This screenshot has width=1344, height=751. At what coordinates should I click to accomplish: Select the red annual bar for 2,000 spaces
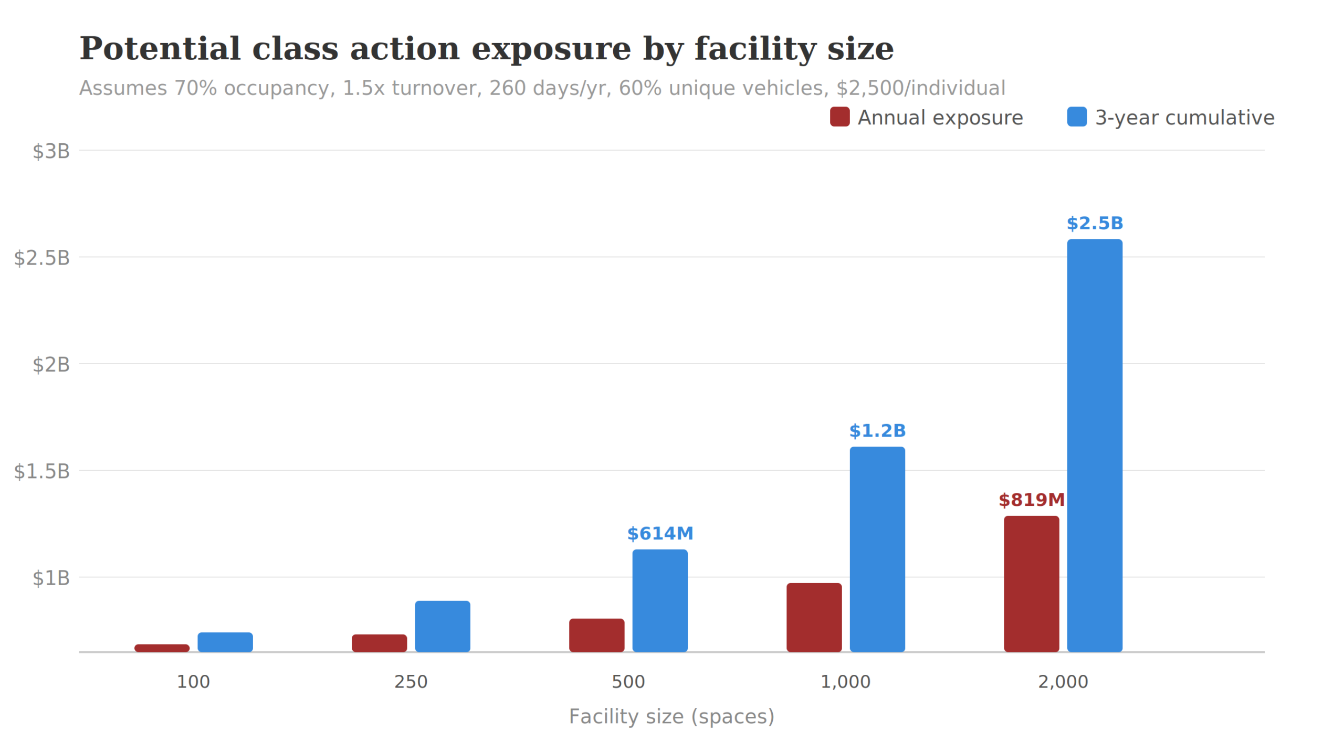click(x=1031, y=584)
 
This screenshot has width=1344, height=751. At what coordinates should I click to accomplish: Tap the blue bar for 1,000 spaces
click(x=877, y=549)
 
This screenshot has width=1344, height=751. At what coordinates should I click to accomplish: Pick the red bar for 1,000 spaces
click(x=814, y=617)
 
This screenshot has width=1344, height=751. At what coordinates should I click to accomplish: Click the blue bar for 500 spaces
click(x=659, y=600)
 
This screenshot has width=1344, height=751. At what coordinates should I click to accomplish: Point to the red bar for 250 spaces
click(x=379, y=643)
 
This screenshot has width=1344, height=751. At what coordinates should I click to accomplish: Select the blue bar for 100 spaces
click(x=225, y=642)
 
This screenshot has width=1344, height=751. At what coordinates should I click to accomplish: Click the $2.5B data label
click(x=1094, y=224)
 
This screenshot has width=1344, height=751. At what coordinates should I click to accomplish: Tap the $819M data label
click(x=1031, y=500)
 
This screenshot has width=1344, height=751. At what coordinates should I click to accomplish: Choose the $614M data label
click(x=659, y=534)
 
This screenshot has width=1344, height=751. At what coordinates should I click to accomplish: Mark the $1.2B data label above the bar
click(x=877, y=431)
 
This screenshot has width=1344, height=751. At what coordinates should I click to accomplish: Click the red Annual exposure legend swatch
click(x=839, y=117)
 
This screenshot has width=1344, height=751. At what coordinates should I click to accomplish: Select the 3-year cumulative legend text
click(x=1184, y=118)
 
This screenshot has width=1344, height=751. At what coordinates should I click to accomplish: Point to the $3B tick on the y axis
click(x=51, y=151)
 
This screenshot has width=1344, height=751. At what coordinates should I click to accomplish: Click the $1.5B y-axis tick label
click(x=41, y=471)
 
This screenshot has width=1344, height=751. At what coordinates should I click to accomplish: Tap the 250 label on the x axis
click(x=411, y=682)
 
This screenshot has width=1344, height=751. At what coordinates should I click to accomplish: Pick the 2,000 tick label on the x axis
click(x=1063, y=682)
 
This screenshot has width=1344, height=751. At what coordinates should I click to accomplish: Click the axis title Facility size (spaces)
click(x=671, y=716)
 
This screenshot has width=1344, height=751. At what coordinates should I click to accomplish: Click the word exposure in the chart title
click(x=551, y=49)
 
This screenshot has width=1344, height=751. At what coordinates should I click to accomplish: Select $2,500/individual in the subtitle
click(x=920, y=88)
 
